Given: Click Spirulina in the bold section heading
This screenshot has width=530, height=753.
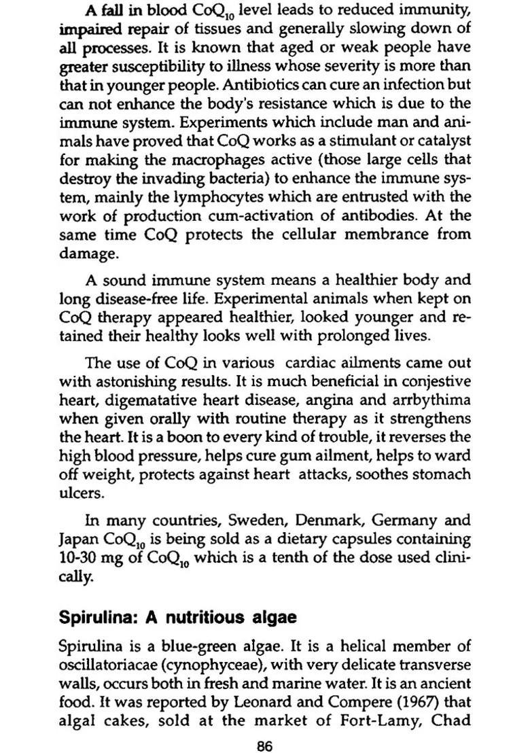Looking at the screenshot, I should coord(94,618).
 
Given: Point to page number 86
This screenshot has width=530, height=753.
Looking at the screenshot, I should coord(265,746).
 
